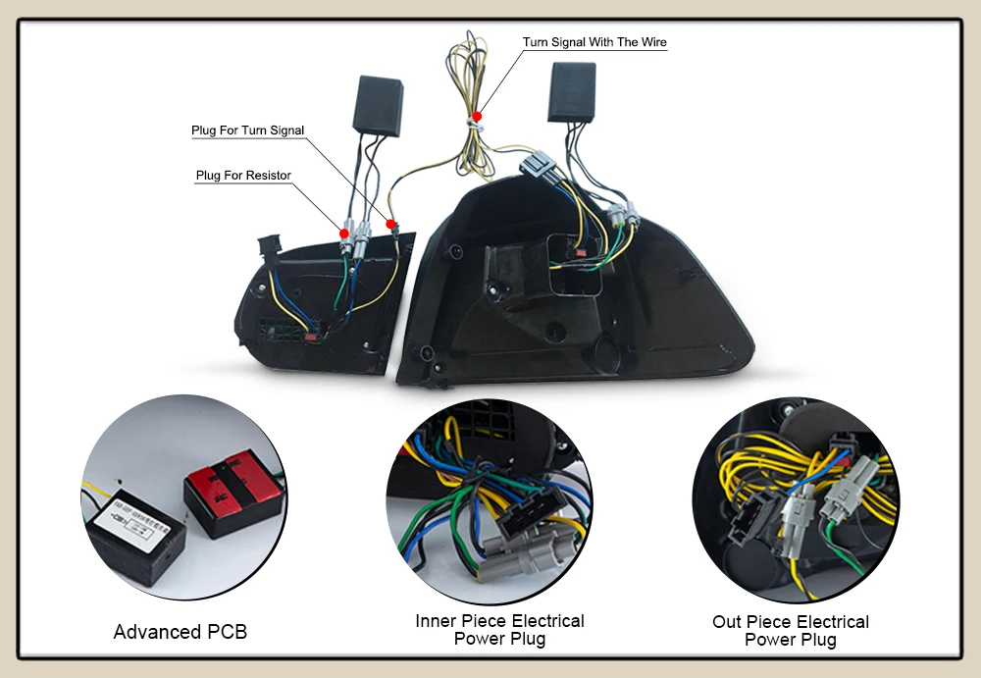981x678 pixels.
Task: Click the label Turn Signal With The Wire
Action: tap(594, 42)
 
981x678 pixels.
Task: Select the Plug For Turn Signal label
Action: tap(247, 130)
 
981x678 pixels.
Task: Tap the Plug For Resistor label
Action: tap(243, 176)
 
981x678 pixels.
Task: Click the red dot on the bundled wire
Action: tap(477, 116)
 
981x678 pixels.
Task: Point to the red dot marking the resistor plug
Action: tap(344, 233)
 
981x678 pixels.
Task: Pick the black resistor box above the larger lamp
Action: tap(572, 91)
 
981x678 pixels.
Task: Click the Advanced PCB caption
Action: tap(181, 632)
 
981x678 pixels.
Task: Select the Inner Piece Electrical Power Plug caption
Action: tap(499, 630)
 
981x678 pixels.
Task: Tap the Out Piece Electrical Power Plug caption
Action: tap(790, 631)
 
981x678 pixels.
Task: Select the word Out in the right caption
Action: tap(728, 622)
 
